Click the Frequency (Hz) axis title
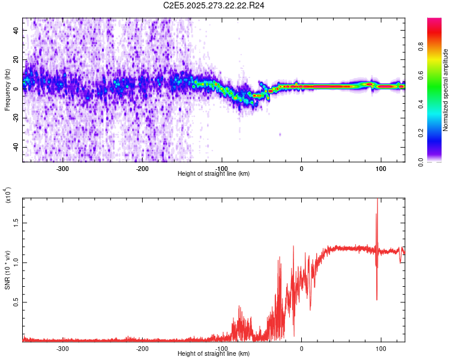click(7, 90)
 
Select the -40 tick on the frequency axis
click(16, 147)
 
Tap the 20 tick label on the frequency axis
click(17, 58)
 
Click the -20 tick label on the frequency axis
click(16, 118)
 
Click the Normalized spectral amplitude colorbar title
click(446, 90)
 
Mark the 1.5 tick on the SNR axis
click(17, 222)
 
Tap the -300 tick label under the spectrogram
click(62, 169)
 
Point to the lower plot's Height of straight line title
click(214, 354)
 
